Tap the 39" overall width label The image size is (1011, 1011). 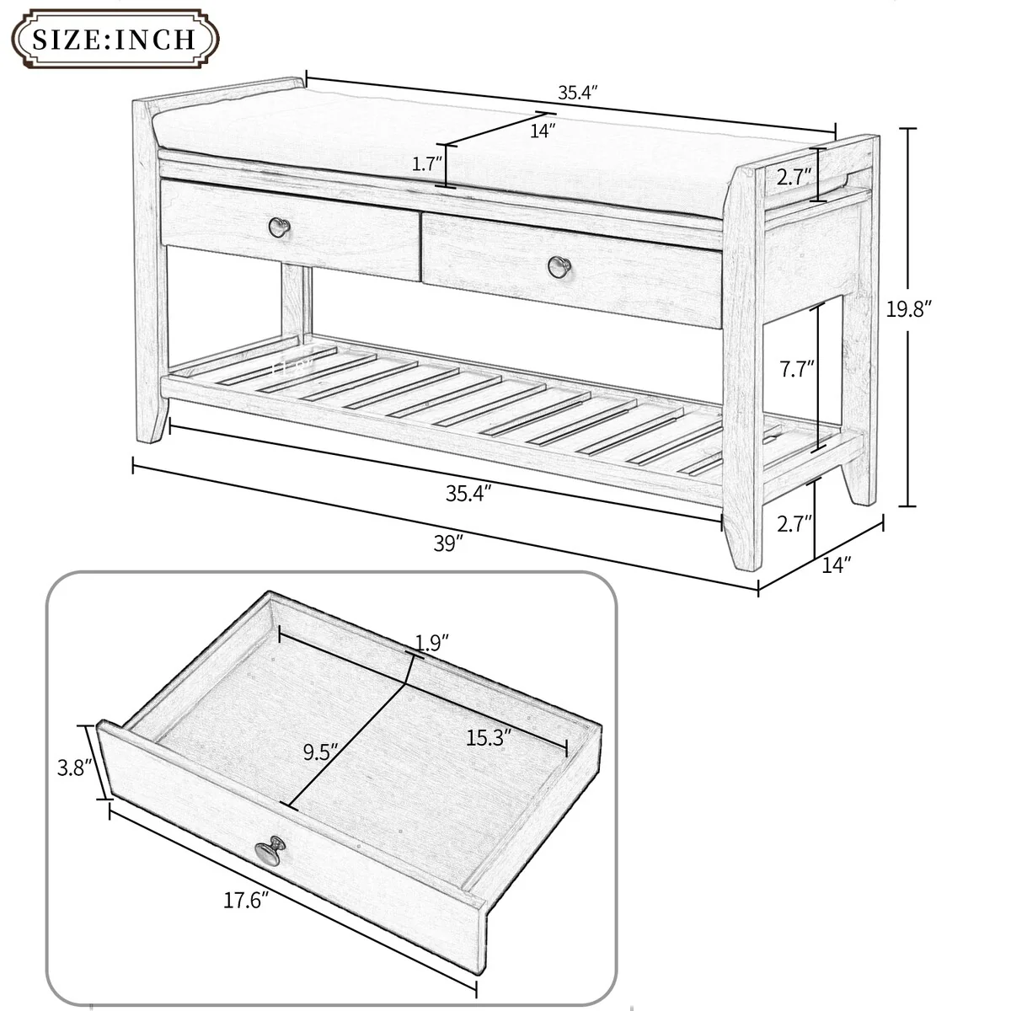tap(449, 543)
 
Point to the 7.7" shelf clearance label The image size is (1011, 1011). tap(795, 368)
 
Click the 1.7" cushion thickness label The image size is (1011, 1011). tap(423, 164)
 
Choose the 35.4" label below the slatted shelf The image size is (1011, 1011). tap(468, 494)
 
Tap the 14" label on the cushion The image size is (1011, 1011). tap(543, 131)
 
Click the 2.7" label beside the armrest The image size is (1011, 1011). tap(794, 176)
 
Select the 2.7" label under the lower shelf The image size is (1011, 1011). tap(794, 523)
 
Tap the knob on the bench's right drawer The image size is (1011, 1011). tap(559, 266)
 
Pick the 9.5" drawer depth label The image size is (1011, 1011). tap(320, 751)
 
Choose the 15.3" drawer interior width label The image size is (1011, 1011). tap(489, 738)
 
